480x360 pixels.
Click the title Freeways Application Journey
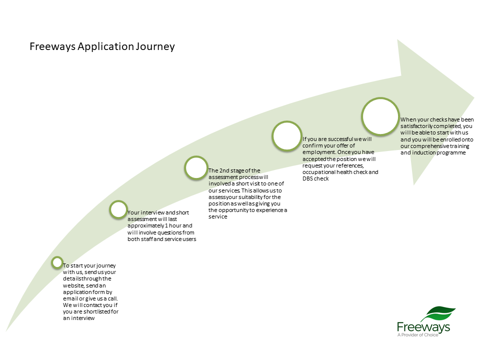102,47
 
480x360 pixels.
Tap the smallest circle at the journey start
57,262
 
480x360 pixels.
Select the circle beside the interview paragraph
118,210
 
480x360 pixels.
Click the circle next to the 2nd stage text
196,168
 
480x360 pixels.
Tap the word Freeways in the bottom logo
423,327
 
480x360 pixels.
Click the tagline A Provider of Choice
417,335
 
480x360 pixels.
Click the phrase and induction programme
433,152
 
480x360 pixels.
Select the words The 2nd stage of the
234,170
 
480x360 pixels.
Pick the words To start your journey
89,265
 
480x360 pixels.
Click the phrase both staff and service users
161,239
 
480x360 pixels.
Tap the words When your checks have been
436,120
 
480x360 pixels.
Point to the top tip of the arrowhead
397,39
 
